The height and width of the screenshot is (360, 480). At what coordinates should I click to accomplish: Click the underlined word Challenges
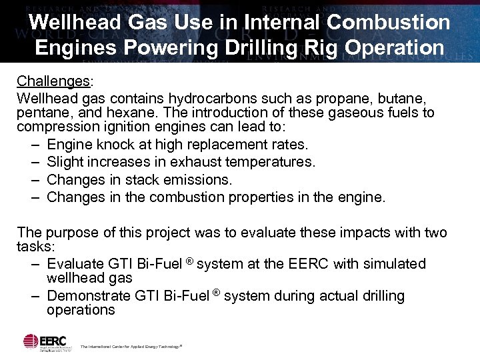pyautogui.click(x=53, y=81)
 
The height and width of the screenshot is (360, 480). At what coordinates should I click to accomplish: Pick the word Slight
pyautogui.click(x=67, y=162)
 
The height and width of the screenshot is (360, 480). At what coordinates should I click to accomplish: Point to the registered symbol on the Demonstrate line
pyautogui.click(x=216, y=292)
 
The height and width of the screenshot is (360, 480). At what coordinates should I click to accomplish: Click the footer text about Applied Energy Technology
pyautogui.click(x=131, y=347)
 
